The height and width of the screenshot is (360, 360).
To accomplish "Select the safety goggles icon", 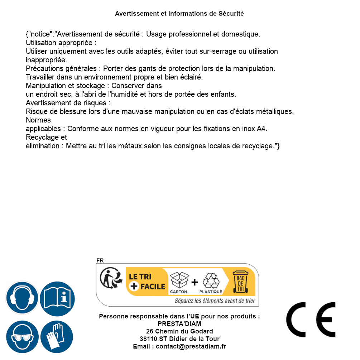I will pyautogui.click(x=22, y=337).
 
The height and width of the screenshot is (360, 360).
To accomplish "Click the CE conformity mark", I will pyautogui.click(x=311, y=320).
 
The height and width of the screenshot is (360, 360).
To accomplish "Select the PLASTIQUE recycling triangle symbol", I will pyautogui.click(x=211, y=281).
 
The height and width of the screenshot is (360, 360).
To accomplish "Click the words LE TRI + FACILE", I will pyautogui.click(x=147, y=282).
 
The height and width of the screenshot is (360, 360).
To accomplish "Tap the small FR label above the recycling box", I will pyautogui.click(x=100, y=260).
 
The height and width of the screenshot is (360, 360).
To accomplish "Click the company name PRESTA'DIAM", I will pyautogui.click(x=179, y=324).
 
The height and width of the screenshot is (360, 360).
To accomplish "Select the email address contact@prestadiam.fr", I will pyautogui.click(x=191, y=346).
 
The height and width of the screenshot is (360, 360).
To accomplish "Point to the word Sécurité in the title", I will pyautogui.click(x=231, y=14).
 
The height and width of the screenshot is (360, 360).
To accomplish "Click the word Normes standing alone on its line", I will pyautogui.click(x=38, y=120).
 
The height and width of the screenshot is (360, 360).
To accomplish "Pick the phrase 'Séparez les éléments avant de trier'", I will pyautogui.click(x=215, y=301).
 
